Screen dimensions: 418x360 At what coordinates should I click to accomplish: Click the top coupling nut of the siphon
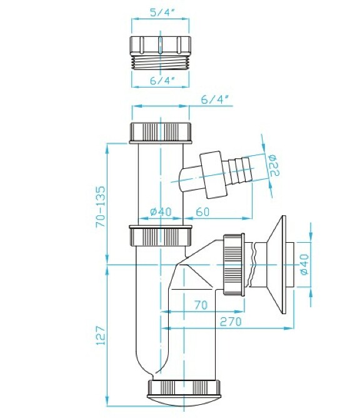tap(161, 133)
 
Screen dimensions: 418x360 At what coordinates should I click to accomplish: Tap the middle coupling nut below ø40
tap(161, 235)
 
